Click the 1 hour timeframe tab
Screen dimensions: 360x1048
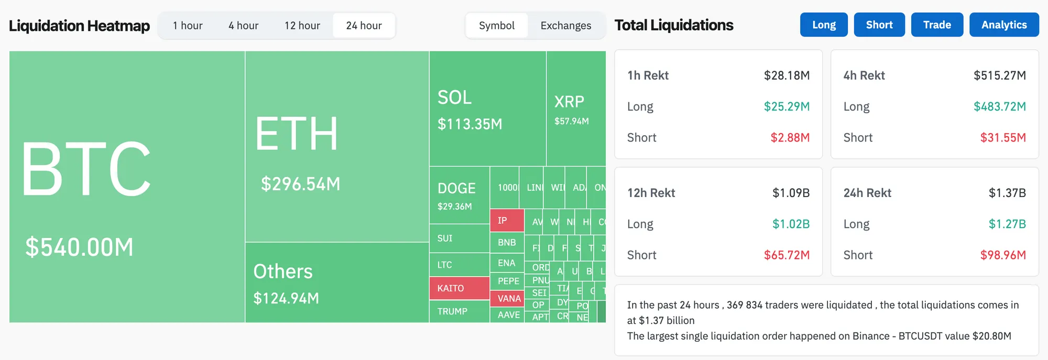click(x=188, y=26)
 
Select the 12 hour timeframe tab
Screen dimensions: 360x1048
click(x=302, y=26)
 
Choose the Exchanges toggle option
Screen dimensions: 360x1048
click(x=565, y=26)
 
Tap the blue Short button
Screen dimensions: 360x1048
click(x=879, y=25)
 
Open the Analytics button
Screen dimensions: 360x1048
click(x=1003, y=25)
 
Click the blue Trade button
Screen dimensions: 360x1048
click(x=937, y=25)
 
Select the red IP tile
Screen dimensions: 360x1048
click(x=507, y=221)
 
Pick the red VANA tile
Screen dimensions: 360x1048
click(x=508, y=299)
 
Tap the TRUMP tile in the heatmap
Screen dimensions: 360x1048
click(x=453, y=311)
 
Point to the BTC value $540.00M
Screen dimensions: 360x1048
click(x=80, y=247)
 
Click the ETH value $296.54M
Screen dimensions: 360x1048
click(x=301, y=184)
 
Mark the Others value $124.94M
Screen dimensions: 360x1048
click(x=286, y=298)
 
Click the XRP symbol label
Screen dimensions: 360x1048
click(x=569, y=101)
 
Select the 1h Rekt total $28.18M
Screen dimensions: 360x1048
click(x=787, y=75)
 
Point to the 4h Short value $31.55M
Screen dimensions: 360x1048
click(x=1002, y=138)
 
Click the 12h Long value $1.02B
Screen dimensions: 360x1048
click(x=791, y=224)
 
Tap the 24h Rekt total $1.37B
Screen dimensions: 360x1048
click(x=1007, y=193)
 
